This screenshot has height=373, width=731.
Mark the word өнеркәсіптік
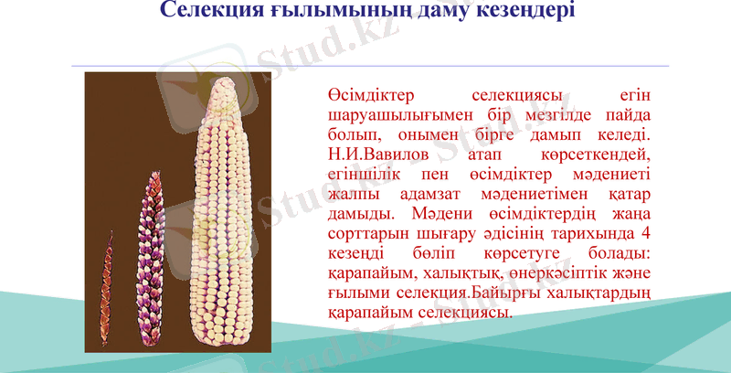point(552,272)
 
